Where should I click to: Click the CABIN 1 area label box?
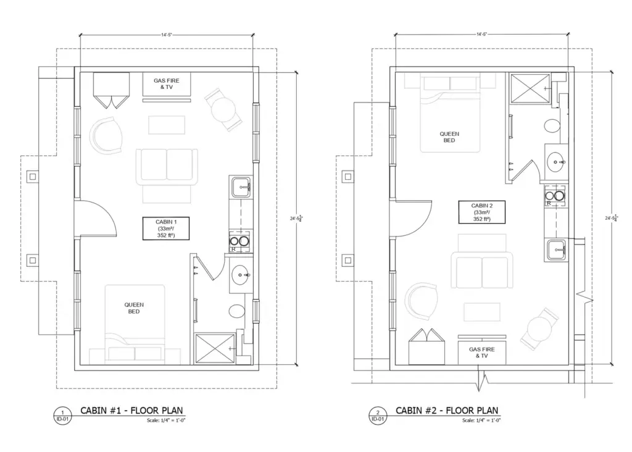165,228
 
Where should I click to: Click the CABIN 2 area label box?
482,212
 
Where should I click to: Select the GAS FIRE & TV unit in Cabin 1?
166,85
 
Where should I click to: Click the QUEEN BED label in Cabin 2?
449,137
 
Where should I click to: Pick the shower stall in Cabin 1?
215,349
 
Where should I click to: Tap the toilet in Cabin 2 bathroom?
552,127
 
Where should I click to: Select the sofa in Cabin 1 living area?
166,165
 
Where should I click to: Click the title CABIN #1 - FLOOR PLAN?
131,411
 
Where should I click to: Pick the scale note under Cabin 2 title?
481,421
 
